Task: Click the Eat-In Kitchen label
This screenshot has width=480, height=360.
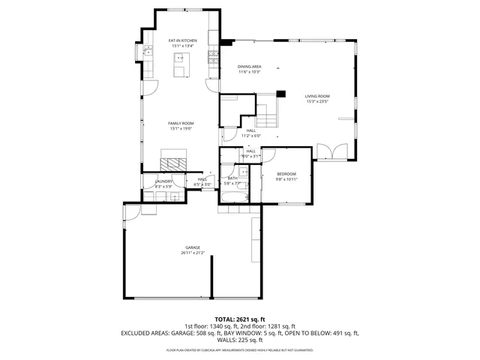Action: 182,40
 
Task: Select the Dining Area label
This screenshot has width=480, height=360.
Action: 249,67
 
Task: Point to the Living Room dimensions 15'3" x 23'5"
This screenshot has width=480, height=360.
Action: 317,102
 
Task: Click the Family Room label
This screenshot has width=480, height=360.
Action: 181,123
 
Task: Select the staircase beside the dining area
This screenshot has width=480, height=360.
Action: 266,112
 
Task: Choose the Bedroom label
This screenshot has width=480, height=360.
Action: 286,174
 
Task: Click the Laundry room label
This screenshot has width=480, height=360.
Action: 163,181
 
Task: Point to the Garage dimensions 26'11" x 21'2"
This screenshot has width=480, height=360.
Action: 193,253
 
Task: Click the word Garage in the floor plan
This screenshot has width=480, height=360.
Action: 193,247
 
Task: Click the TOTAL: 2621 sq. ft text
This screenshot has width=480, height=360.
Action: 240,319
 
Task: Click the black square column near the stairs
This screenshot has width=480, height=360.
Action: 280,94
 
